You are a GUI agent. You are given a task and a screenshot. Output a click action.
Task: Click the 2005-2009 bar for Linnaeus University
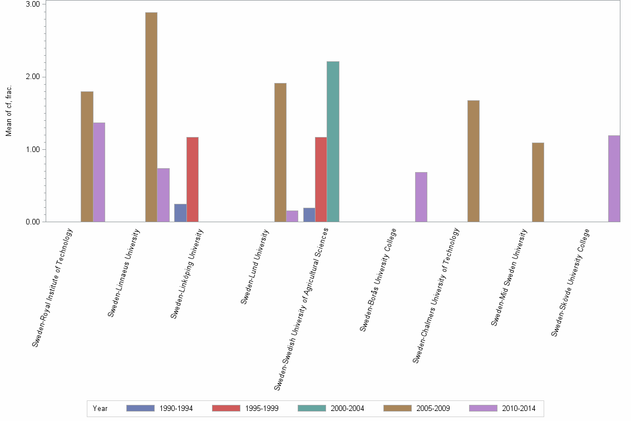(151, 117)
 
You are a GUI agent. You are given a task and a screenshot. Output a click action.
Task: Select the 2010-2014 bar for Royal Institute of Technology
(99, 172)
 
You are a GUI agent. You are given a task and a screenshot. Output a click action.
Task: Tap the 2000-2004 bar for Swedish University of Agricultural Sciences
(333, 141)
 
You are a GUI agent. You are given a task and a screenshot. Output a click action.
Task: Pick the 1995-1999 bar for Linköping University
(193, 179)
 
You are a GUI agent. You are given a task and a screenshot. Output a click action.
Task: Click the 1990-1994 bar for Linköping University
(180, 213)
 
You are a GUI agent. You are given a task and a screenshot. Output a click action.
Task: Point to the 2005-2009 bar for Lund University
(280, 153)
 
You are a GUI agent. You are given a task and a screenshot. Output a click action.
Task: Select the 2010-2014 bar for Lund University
(292, 216)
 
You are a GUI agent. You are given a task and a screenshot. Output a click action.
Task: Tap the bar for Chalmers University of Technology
(474, 161)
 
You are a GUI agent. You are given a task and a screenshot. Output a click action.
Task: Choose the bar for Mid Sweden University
(538, 182)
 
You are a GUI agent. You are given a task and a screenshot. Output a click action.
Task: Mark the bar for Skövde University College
(614, 178)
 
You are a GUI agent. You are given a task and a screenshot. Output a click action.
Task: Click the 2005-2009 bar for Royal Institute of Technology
(87, 156)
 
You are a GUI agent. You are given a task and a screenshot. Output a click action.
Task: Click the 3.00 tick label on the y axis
(33, 4)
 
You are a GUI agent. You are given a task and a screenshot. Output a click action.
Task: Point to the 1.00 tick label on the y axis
(33, 150)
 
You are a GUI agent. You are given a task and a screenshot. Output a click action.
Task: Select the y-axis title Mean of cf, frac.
(8, 111)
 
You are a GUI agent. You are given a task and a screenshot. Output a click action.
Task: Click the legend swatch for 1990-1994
(140, 408)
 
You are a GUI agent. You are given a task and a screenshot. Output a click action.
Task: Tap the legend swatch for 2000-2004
(312, 408)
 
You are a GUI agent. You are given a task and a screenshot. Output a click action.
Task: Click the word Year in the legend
(100, 408)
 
